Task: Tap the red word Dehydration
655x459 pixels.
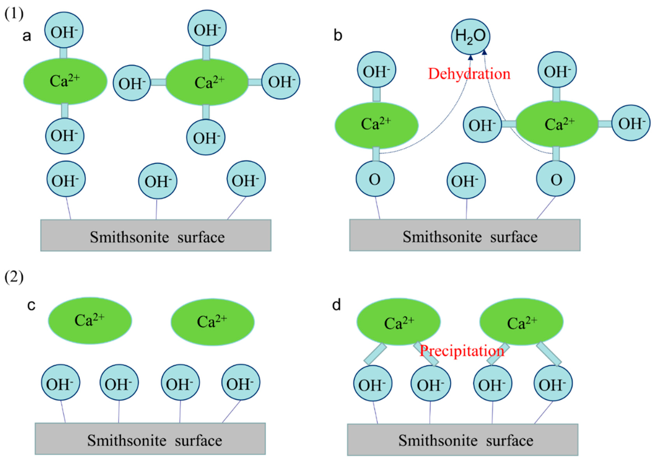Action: [469, 74]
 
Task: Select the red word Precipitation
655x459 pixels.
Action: [462, 351]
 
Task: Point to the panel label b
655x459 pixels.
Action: [338, 36]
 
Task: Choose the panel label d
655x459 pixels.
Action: [337, 305]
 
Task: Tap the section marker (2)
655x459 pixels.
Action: [14, 278]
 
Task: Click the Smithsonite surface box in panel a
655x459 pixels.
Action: [156, 235]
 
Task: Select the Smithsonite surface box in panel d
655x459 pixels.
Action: [463, 439]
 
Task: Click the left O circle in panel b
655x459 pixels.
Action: [375, 179]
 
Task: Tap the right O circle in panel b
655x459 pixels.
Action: [555, 179]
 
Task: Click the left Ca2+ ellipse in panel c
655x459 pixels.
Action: [90, 321]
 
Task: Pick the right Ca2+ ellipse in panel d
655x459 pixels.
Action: [521, 322]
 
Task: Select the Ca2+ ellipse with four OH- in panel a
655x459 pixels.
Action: [207, 82]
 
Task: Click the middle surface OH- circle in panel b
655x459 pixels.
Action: [466, 181]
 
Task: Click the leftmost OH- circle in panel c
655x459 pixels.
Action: [60, 382]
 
